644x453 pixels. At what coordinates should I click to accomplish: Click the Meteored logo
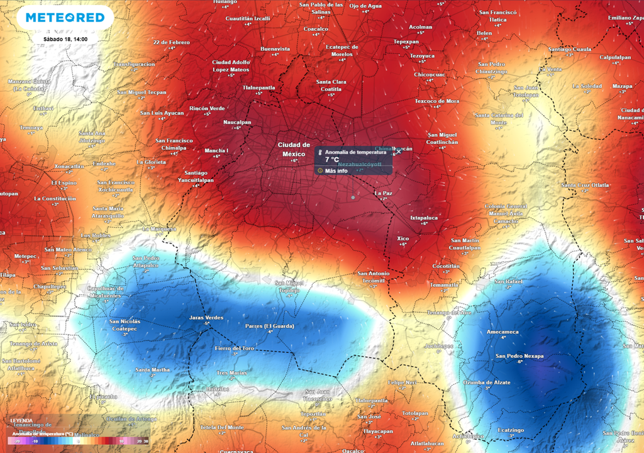[x=65, y=18]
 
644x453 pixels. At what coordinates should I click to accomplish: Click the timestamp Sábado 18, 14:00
[x=65, y=39]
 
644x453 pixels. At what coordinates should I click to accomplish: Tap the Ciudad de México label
[x=294, y=149]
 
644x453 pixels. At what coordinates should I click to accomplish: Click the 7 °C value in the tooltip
[x=332, y=160]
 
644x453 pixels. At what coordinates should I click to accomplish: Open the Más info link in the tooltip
[x=336, y=171]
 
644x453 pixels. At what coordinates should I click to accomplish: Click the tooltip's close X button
[x=398, y=152]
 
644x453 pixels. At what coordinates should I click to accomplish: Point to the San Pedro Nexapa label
[x=519, y=356]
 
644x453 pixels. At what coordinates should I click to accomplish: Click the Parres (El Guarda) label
[x=269, y=325]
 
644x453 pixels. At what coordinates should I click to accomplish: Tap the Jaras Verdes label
[x=206, y=318]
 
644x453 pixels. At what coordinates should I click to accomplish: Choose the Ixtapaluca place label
[x=423, y=217]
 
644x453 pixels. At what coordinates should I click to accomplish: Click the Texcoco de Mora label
[x=437, y=101]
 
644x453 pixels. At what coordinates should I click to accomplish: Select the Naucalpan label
[x=237, y=122]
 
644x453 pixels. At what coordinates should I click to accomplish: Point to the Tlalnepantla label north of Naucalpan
[x=259, y=87]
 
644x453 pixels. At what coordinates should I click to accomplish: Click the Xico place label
[x=403, y=238]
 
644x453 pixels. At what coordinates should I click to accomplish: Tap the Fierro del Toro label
[x=235, y=348]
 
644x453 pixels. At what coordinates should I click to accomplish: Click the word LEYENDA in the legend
[x=23, y=420]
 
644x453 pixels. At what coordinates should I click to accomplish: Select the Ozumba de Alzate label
[x=487, y=382]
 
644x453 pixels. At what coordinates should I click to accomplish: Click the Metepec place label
[x=26, y=256]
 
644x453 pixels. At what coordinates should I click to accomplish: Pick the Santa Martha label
[x=152, y=369]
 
